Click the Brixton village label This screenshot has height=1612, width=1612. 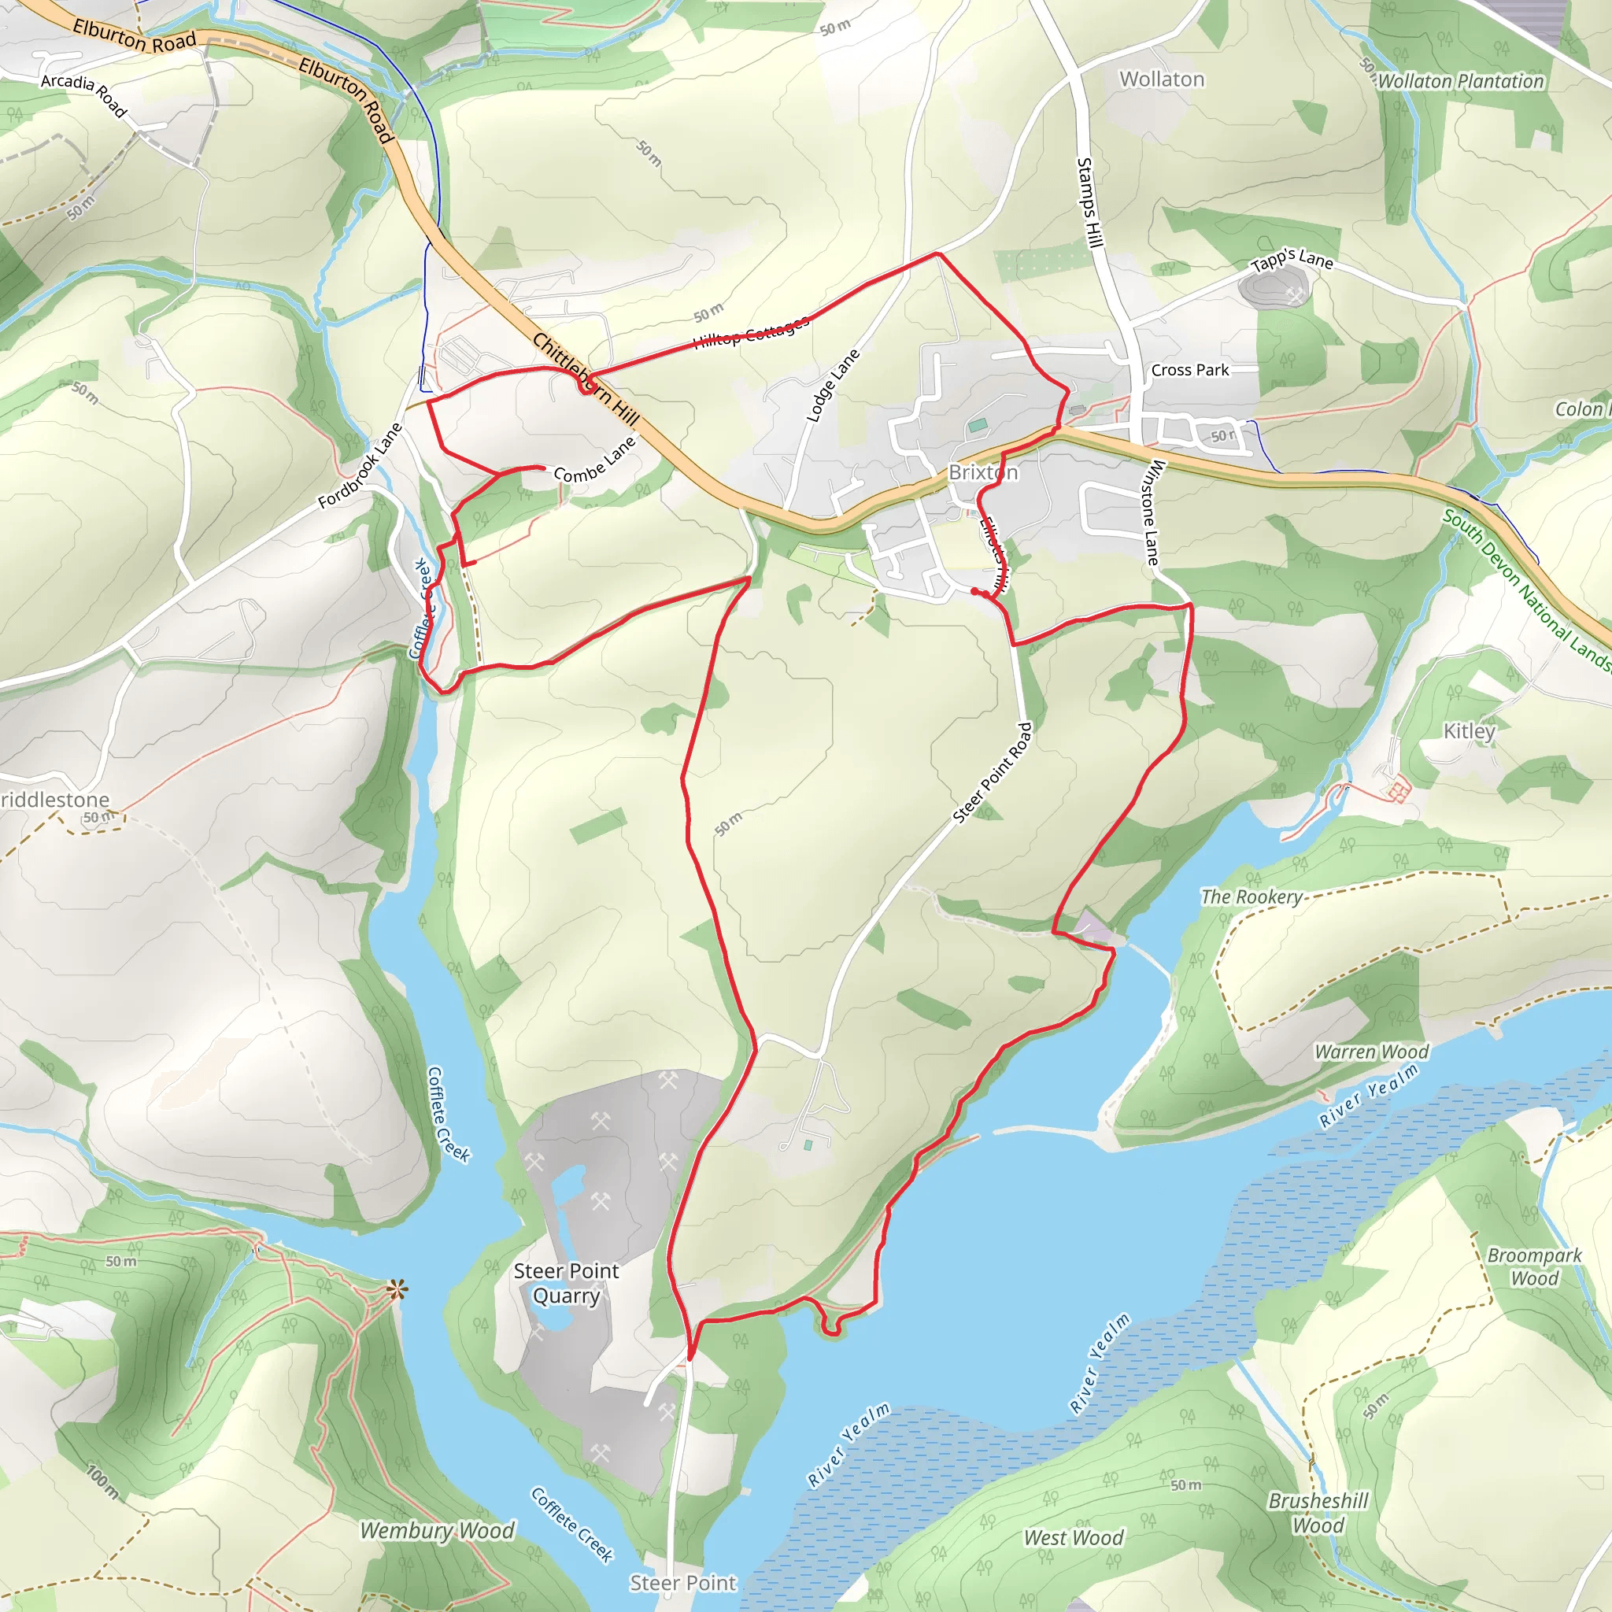pyautogui.click(x=983, y=472)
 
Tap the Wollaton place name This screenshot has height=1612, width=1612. pyautogui.click(x=1162, y=79)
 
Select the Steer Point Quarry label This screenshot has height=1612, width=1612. pyautogui.click(x=567, y=1283)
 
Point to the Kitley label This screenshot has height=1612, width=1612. pyautogui.click(x=1470, y=731)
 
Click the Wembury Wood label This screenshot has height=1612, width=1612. pyautogui.click(x=437, y=1530)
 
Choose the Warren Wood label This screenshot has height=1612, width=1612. pyautogui.click(x=1372, y=1052)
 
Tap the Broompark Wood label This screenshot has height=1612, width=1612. pyautogui.click(x=1534, y=1266)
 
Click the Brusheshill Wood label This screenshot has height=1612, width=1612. pyautogui.click(x=1318, y=1513)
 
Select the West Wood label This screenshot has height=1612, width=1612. pyautogui.click(x=1074, y=1538)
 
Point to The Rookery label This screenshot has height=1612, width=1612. pyautogui.click(x=1252, y=897)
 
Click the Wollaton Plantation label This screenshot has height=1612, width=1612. pyautogui.click(x=1460, y=81)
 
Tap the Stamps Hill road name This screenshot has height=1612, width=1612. pyautogui.click(x=1089, y=203)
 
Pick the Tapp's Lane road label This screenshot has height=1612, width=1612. pyautogui.click(x=1292, y=260)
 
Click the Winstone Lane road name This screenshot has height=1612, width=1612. pyautogui.click(x=1152, y=512)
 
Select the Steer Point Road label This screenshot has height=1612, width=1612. pyautogui.click(x=992, y=774)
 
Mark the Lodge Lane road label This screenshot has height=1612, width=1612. pyautogui.click(x=833, y=386)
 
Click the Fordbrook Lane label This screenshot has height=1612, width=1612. pyautogui.click(x=360, y=466)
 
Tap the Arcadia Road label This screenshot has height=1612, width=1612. pyautogui.click(x=84, y=94)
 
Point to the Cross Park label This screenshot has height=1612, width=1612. pyautogui.click(x=1190, y=370)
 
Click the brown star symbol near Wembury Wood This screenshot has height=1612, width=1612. pyautogui.click(x=397, y=1290)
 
